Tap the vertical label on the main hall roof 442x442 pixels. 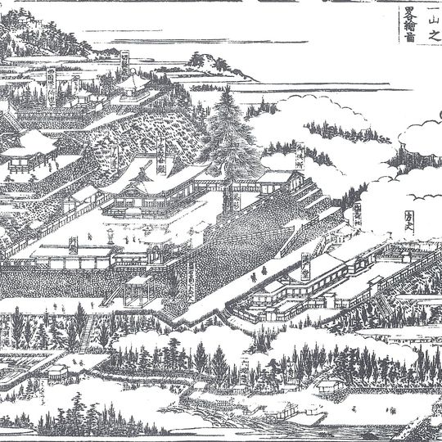coord(160,151)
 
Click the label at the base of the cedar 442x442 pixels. coord(232,201)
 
